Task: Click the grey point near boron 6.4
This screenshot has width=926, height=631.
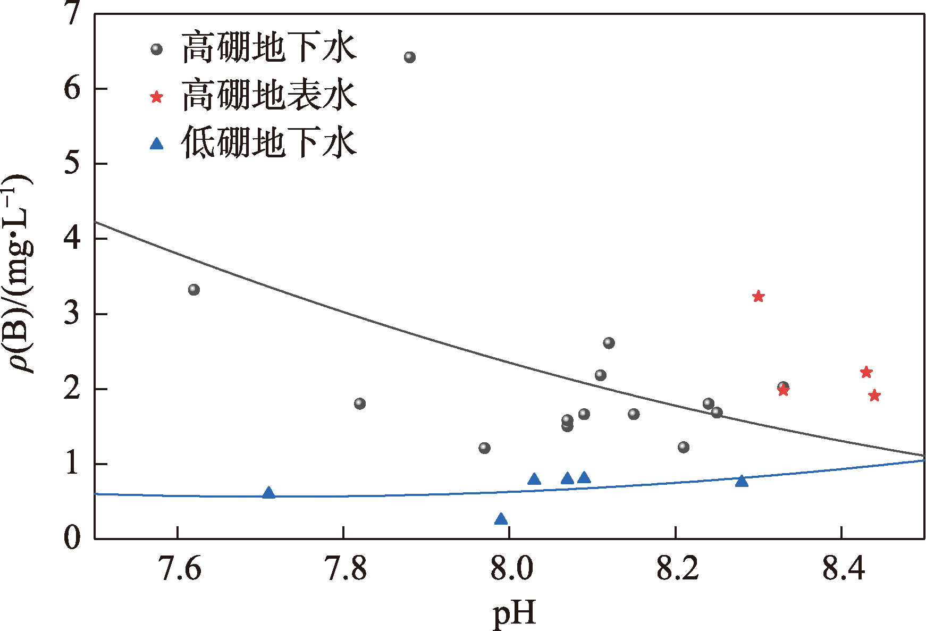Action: [409, 57]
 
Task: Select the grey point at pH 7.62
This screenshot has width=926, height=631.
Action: [194, 290]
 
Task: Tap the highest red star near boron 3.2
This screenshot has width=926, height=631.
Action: [759, 297]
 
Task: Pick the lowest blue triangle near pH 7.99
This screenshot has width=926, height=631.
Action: [501, 519]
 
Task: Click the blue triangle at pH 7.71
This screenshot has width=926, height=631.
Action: [269, 493]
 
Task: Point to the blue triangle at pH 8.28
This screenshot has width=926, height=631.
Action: [742, 481]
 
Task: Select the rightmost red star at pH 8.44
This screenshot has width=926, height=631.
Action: [874, 396]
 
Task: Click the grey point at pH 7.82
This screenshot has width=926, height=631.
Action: [360, 403]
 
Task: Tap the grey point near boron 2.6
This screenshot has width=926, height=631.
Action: [609, 343]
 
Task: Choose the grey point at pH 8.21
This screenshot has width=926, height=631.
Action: [684, 447]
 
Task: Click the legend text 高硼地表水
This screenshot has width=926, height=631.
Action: [269, 96]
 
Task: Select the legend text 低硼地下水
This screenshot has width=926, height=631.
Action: [269, 143]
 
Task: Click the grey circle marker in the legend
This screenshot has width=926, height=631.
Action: [156, 49]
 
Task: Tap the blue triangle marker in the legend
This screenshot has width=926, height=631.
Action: [156, 144]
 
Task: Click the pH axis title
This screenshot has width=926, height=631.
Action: [515, 612]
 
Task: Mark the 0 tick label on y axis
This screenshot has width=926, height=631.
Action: [72, 538]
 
